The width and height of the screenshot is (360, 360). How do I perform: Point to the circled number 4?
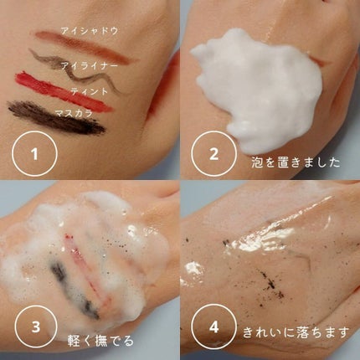pyautogui.click(x=209, y=330)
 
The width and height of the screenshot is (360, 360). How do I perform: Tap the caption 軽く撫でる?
pyautogui.click(x=102, y=341)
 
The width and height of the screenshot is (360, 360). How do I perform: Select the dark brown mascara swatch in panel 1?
pyautogui.click(x=54, y=117)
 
